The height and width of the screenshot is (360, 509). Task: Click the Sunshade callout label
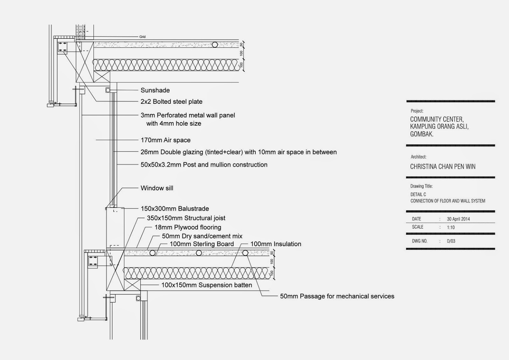tap(155, 90)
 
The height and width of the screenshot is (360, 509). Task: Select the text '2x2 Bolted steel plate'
tap(171, 102)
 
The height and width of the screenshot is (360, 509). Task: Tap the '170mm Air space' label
tap(165, 140)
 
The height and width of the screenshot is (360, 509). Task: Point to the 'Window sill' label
tap(157, 188)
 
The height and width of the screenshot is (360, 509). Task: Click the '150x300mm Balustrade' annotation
tap(175, 209)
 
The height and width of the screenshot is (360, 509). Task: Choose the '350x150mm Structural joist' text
tap(186, 218)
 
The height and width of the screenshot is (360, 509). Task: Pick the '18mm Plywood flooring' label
tap(188, 227)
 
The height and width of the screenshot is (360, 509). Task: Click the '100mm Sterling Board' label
tap(202, 244)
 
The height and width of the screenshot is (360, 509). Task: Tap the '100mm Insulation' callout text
tap(275, 244)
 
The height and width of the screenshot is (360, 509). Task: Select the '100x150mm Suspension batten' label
tap(206, 285)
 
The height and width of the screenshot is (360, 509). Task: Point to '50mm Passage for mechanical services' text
tap(337, 296)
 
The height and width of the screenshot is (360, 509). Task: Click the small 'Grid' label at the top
tap(142, 37)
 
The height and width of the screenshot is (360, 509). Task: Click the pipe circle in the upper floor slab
tap(215, 45)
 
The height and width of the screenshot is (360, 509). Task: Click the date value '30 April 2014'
tap(458, 219)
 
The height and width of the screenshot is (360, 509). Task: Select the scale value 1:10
tap(450, 227)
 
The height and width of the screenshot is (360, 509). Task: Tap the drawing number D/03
tap(451, 241)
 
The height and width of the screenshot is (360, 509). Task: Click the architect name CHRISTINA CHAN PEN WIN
tap(443, 167)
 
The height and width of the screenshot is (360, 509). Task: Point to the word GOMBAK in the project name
tap(422, 134)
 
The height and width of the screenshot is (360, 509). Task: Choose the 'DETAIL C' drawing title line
tap(418, 194)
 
